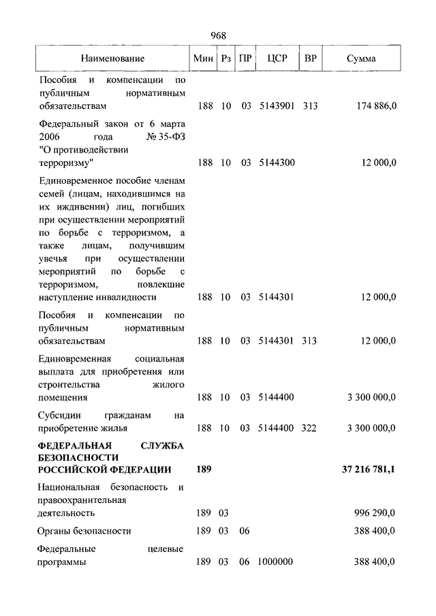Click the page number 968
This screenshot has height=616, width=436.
[x=218, y=35]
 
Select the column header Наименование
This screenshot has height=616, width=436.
[x=112, y=59]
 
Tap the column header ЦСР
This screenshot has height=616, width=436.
[x=277, y=59]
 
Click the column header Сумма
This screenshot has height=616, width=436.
[x=360, y=59]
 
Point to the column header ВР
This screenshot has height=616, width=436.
[x=311, y=59]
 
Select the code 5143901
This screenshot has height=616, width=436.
[x=277, y=106]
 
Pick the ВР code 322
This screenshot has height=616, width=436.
[x=311, y=428]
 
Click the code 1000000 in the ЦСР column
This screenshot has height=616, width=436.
[x=276, y=562]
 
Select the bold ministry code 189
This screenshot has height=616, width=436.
[x=204, y=470]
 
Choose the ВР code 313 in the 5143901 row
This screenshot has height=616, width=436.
[x=311, y=106]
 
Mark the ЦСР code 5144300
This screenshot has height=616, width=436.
[x=277, y=163]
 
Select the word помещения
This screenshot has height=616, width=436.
[x=63, y=397]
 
